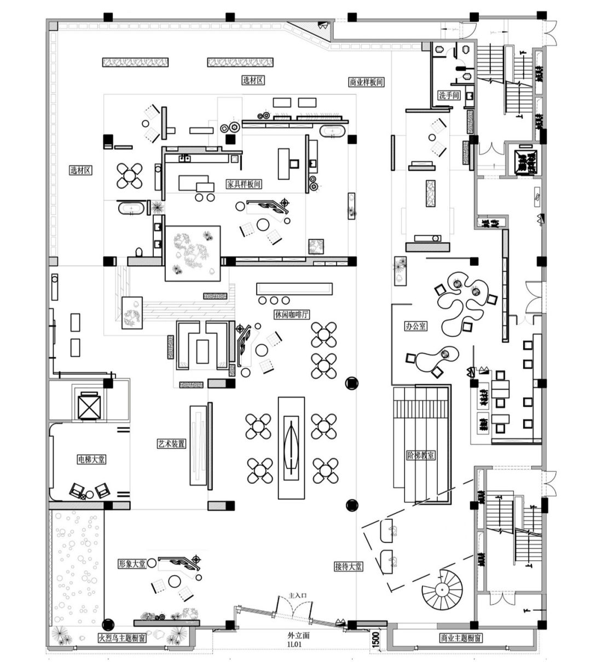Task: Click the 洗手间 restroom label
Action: point(449,95)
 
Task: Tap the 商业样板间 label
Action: point(366,82)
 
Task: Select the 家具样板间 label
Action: point(244,184)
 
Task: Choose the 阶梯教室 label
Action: point(421,455)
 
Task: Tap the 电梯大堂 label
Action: point(91,459)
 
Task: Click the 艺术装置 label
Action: point(171,444)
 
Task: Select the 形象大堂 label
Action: point(132,564)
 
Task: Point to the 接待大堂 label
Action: point(349,566)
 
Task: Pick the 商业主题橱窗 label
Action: point(461,638)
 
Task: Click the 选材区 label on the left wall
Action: point(80,170)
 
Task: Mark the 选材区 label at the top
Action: point(253,81)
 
